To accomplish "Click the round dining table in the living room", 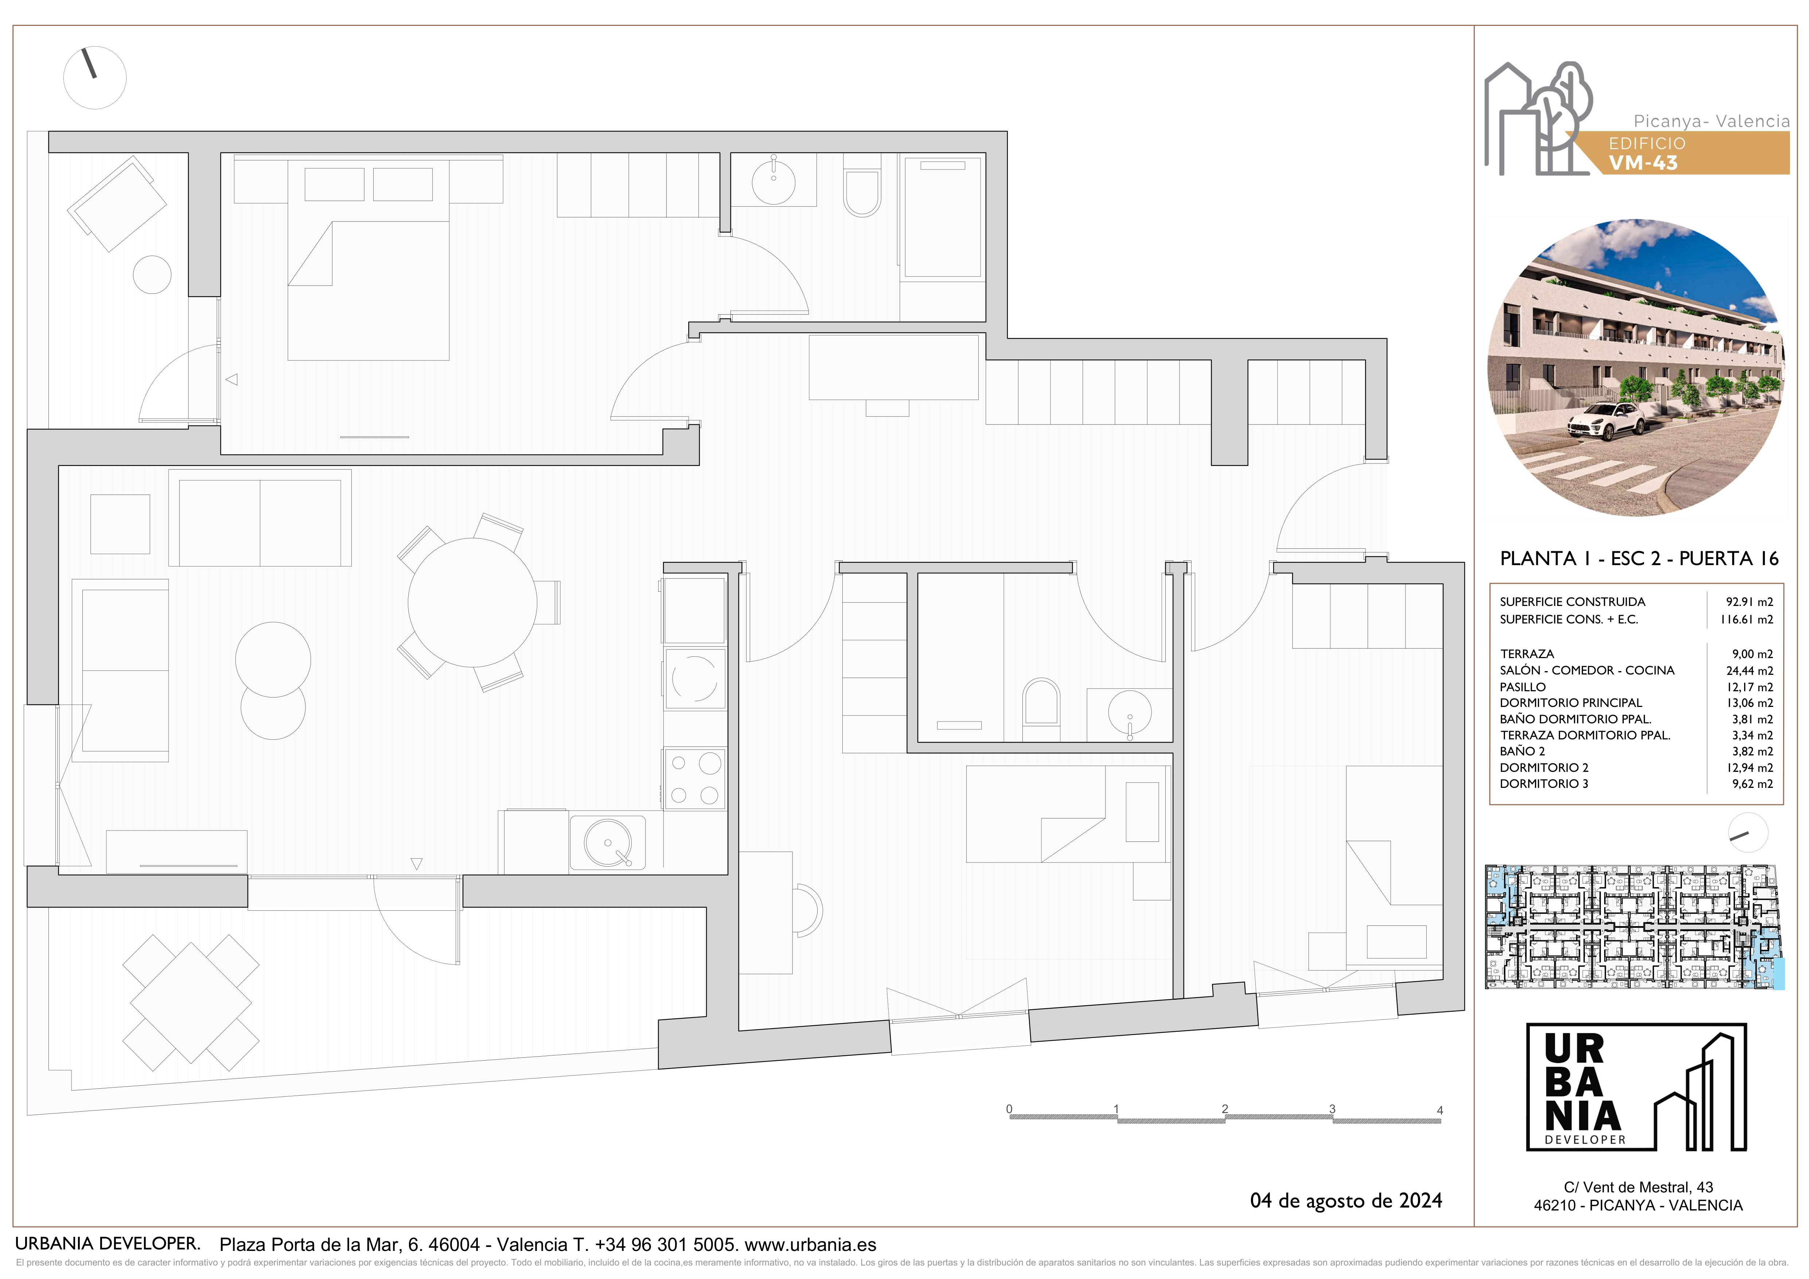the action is tap(472, 603).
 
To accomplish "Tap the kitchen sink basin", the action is tap(608, 843).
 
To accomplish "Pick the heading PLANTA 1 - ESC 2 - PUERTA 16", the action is tap(1639, 559).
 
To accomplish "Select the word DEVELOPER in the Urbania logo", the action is tap(1585, 1139).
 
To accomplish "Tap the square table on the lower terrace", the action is tap(191, 1003).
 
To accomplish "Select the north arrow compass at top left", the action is tap(94, 77).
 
